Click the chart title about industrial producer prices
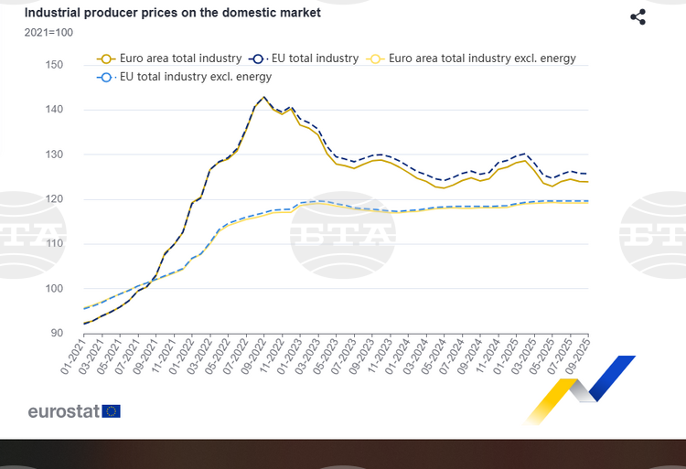tap(172, 14)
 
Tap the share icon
tap(638, 17)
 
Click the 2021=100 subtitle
tap(48, 33)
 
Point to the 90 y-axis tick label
tap(56, 334)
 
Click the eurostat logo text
tap(63, 410)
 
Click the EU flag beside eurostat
tap(112, 410)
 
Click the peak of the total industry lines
tap(264, 97)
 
